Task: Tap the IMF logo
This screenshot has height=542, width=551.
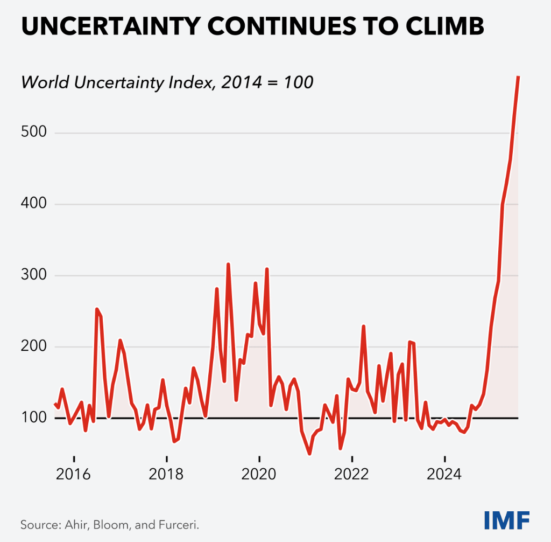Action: pos(507,520)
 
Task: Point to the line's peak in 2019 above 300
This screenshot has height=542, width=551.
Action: pos(228,264)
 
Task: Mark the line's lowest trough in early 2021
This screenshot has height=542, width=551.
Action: pos(309,454)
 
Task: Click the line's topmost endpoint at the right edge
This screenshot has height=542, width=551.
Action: pos(518,77)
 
